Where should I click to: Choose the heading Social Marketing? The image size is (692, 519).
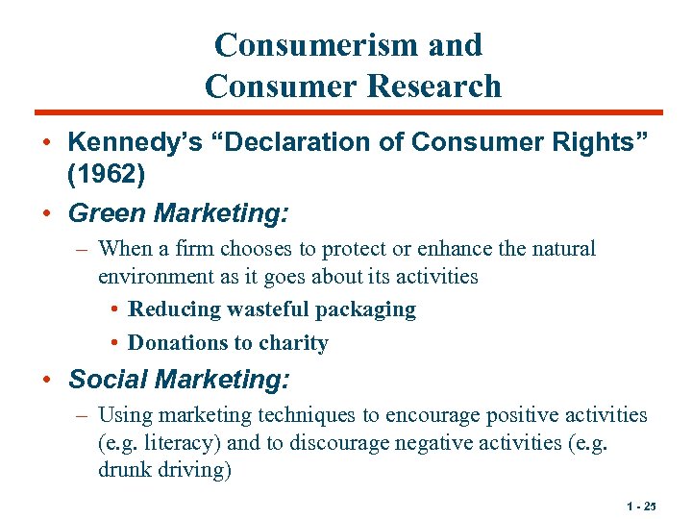(x=178, y=380)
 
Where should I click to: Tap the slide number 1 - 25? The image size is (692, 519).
(x=640, y=505)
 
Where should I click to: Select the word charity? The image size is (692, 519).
(x=292, y=343)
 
